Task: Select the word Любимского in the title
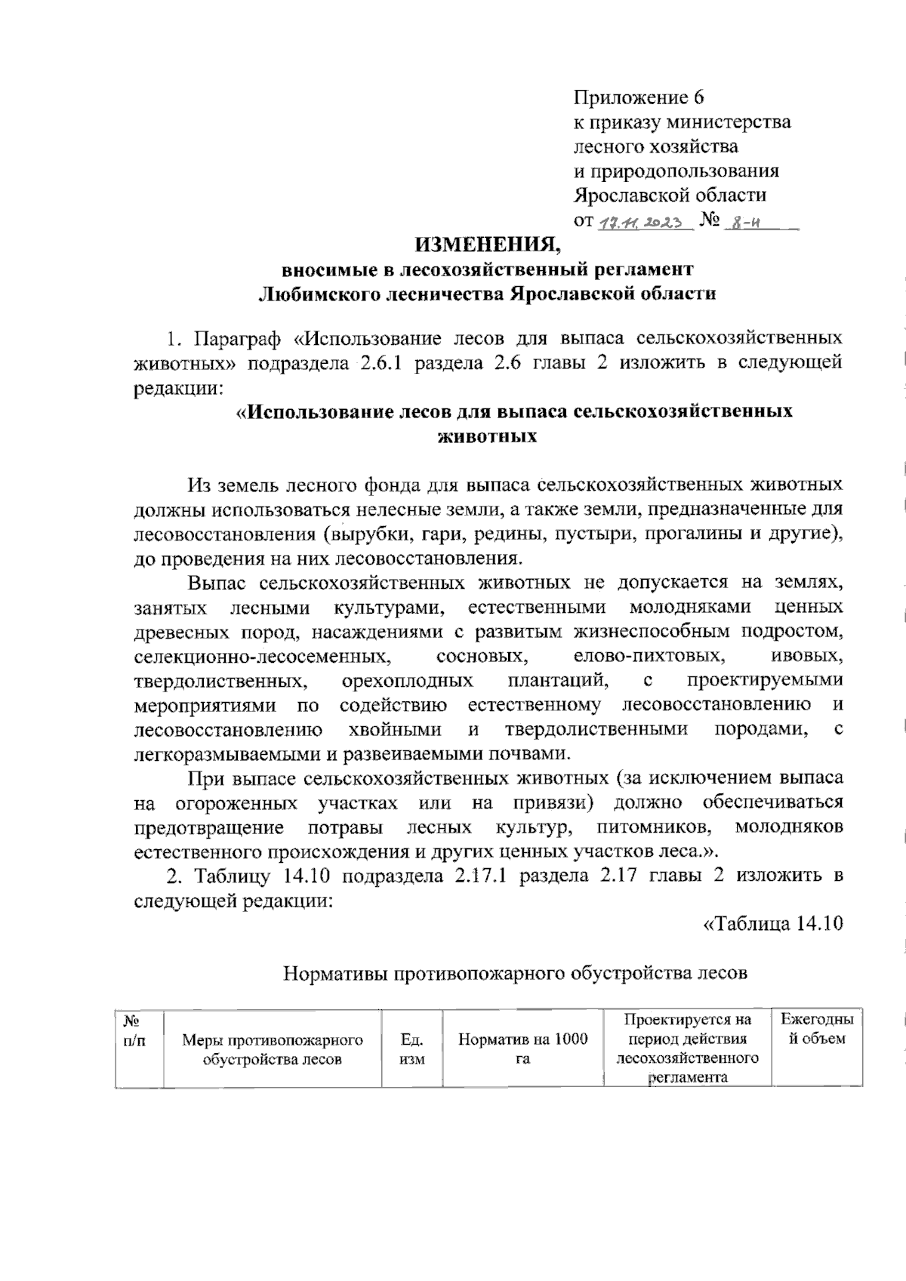pos(313,294)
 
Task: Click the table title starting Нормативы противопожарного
pos(515,973)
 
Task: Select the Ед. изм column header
pos(411,1049)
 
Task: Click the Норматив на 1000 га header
pos(522,1049)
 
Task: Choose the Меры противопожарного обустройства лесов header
pos(272,1049)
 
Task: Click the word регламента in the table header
pos(687,1077)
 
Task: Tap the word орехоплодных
pos(408,680)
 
